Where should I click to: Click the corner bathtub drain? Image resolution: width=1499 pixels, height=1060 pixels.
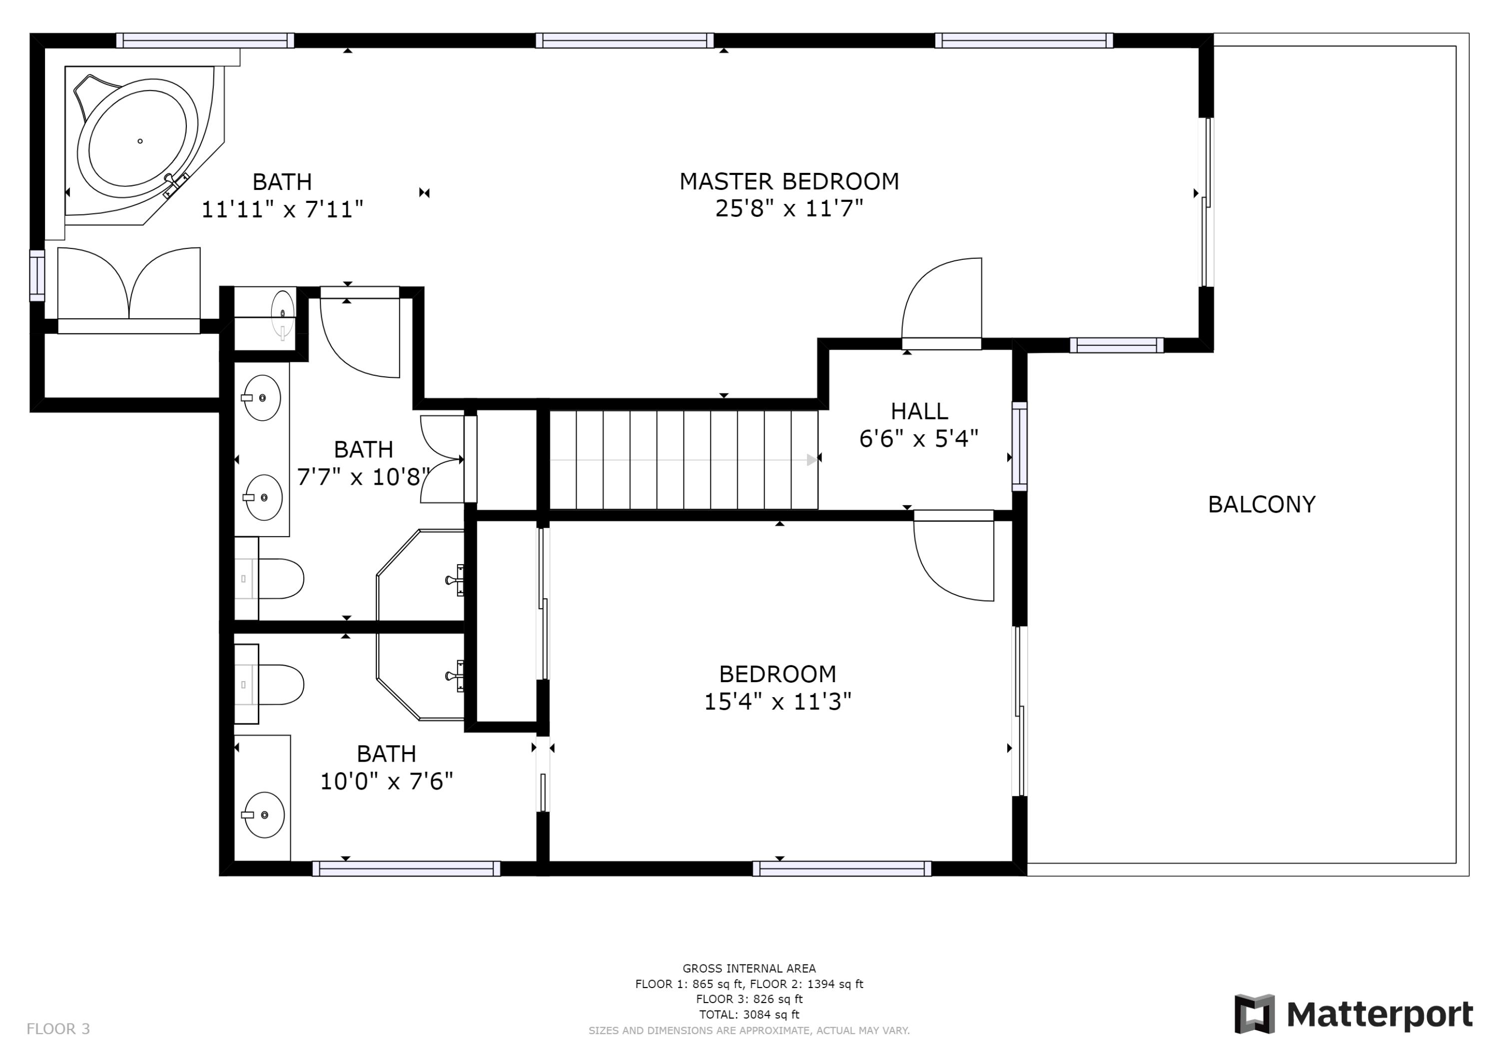pyautogui.click(x=140, y=141)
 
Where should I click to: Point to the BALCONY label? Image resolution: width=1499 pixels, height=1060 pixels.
pyautogui.click(x=1261, y=505)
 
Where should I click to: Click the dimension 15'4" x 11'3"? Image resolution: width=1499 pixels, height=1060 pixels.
pyautogui.click(x=777, y=702)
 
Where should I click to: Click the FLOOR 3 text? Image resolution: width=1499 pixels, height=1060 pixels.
pyautogui.click(x=58, y=1030)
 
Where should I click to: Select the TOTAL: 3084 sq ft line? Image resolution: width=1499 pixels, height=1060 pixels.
pyautogui.click(x=749, y=1015)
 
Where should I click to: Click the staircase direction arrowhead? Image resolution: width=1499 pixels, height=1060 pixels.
pyautogui.click(x=811, y=460)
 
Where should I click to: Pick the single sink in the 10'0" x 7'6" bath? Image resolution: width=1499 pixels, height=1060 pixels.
pyautogui.click(x=264, y=815)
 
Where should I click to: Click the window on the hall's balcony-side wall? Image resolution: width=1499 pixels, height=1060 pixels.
pyautogui.click(x=1019, y=446)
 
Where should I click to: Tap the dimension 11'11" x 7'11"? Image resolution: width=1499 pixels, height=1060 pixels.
pyautogui.click(x=281, y=209)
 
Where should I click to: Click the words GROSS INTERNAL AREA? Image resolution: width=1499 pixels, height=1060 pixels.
pyautogui.click(x=749, y=969)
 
